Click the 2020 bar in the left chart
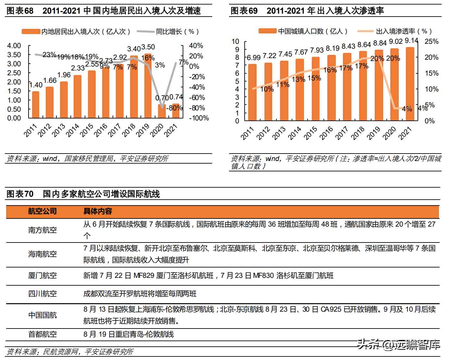162,111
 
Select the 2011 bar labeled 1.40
36,105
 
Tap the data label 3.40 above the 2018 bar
134,49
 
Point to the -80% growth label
174,108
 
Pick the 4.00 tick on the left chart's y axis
14,46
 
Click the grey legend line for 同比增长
145,31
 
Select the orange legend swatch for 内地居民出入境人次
31,31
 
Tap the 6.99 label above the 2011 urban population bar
253,58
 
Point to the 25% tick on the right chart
431,42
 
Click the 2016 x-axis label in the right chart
326,133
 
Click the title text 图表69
244,11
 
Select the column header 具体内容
97,211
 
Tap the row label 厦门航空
42,276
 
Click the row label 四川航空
42,294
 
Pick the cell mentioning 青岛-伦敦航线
128,334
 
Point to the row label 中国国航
42,315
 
